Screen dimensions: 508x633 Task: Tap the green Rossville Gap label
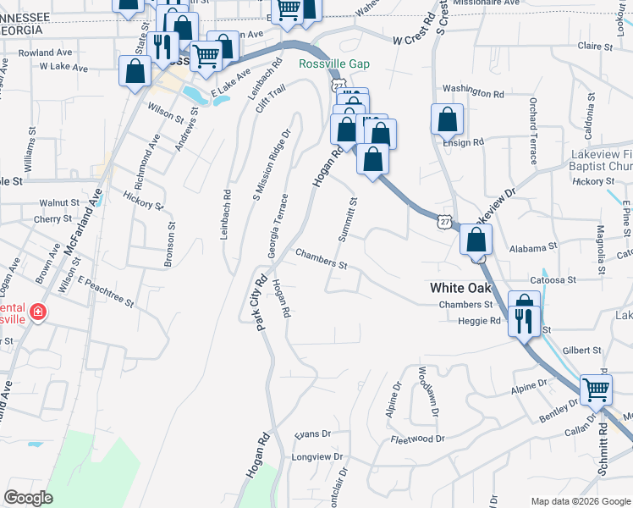click(x=334, y=63)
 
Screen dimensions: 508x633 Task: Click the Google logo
click(x=28, y=497)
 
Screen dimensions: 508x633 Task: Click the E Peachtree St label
click(x=106, y=290)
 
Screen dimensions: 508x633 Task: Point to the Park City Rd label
click(x=261, y=302)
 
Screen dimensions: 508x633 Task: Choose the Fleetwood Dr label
click(x=417, y=439)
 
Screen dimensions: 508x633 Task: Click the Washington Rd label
click(x=473, y=91)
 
